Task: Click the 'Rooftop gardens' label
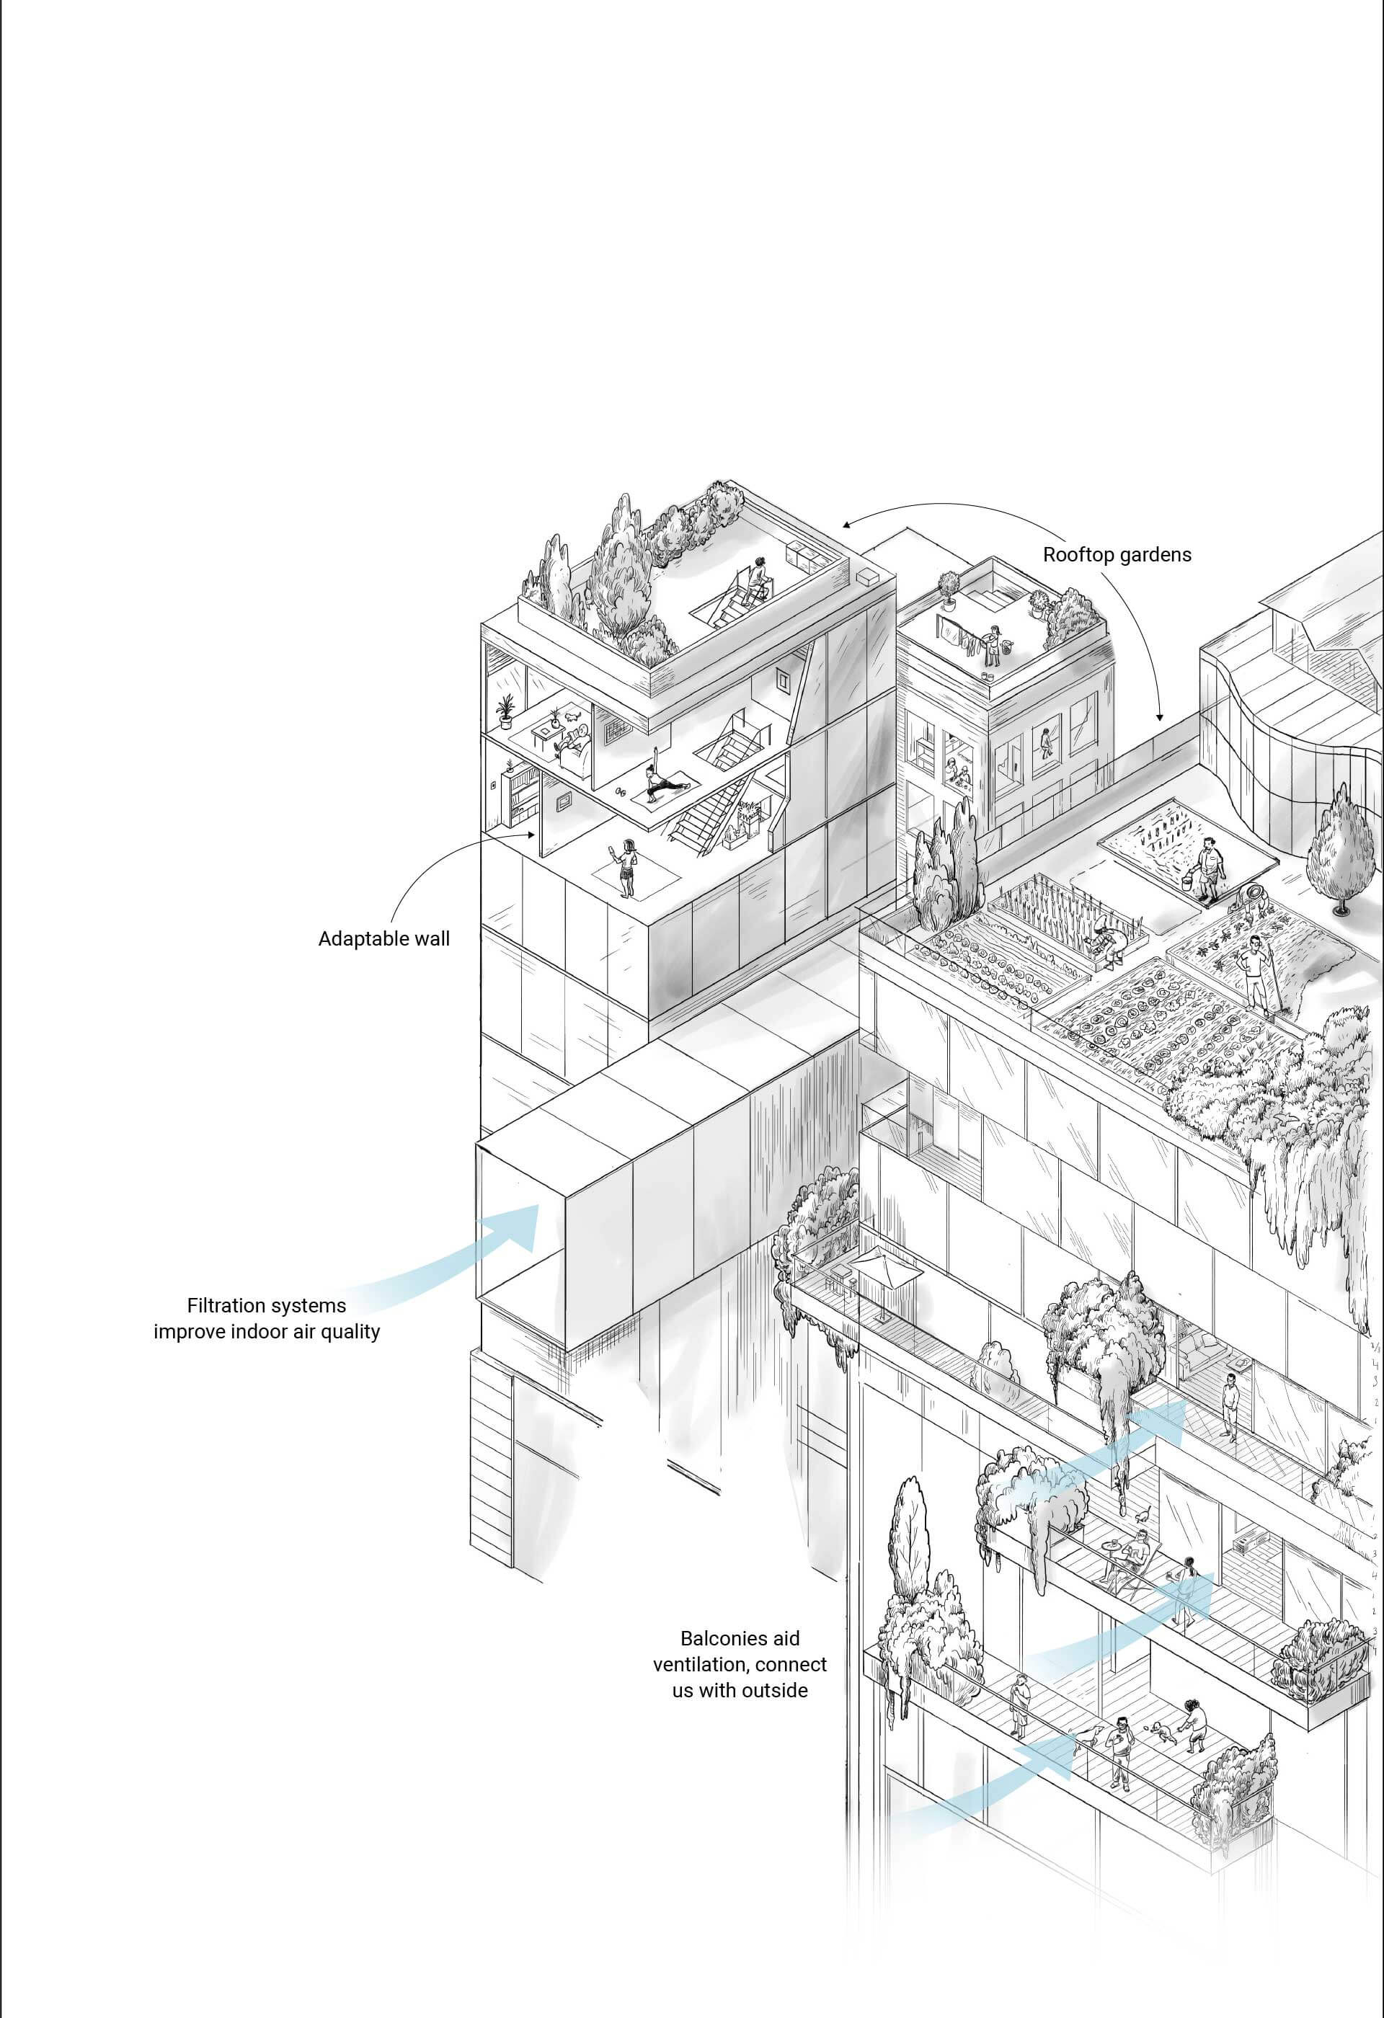tap(1117, 555)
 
